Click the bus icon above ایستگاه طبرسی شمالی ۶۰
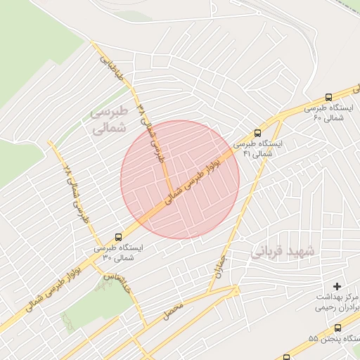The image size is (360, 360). [x=328, y=98]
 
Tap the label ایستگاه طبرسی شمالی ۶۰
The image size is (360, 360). [x=328, y=112]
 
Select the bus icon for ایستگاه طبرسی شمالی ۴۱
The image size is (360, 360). [x=257, y=132]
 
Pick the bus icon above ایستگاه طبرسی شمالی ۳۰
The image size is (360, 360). [x=117, y=237]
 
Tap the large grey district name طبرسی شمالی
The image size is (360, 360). [x=110, y=120]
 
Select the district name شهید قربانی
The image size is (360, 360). [x=285, y=250]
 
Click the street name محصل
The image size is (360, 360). [x=174, y=310]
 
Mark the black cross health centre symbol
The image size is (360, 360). [x=336, y=286]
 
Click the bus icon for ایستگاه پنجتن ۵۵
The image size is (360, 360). [x=338, y=328]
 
